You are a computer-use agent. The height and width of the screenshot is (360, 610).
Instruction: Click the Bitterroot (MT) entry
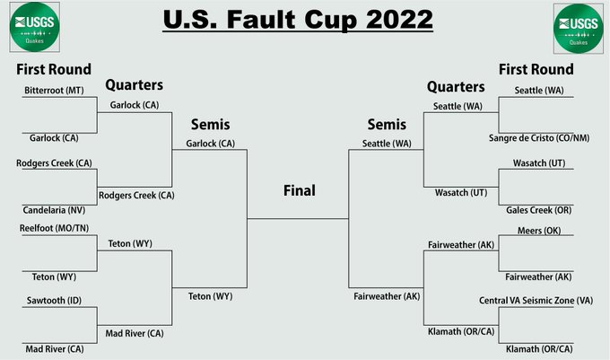coord(54,91)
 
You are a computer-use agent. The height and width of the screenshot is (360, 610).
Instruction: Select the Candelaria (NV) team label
coord(54,210)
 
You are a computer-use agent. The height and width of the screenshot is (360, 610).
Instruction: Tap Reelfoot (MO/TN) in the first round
coord(54,228)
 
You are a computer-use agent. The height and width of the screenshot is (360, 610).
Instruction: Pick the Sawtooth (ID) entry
coord(54,301)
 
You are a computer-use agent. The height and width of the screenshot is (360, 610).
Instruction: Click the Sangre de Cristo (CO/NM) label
coord(539,138)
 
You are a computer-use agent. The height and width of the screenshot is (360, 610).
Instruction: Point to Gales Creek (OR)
coord(539,210)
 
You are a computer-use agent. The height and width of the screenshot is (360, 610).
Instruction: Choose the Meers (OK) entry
coord(539,231)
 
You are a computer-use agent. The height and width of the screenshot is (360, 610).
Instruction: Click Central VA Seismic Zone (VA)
coord(536,301)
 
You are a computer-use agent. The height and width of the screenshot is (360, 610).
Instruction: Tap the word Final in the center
coord(300,190)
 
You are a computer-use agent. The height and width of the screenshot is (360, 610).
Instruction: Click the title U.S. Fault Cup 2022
coord(298,20)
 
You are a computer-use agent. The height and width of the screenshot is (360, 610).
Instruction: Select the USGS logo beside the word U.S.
coord(35,27)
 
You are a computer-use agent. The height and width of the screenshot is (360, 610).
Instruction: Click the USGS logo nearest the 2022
coord(579,29)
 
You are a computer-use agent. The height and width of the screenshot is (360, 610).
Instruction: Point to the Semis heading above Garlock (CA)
coord(211,125)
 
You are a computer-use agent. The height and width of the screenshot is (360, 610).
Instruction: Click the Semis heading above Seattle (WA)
coord(387,125)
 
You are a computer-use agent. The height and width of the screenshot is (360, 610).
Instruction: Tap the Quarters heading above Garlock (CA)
coord(135,85)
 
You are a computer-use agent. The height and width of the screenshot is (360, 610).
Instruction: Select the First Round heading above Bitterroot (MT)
coord(54,69)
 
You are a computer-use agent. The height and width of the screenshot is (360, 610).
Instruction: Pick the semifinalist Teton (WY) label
coord(211,296)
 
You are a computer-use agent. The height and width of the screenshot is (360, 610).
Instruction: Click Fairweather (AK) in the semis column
coord(387,296)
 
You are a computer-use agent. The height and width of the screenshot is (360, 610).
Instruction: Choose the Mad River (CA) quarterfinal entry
coord(135,334)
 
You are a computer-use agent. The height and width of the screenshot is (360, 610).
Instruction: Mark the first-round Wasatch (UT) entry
coord(539,163)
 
